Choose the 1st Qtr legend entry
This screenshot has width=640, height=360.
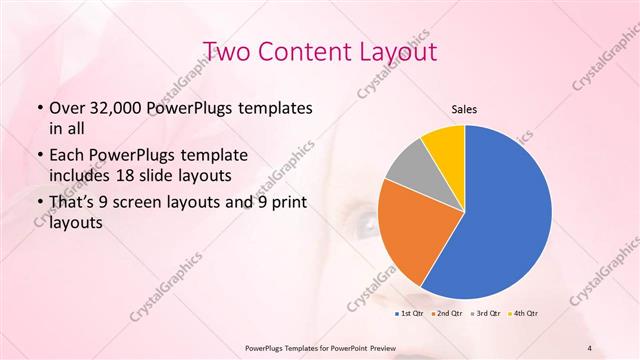[x=411, y=314]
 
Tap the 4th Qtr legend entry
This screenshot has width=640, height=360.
[x=525, y=314]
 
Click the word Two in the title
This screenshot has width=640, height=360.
[x=227, y=52]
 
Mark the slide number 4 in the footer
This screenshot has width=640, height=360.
[x=590, y=348]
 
